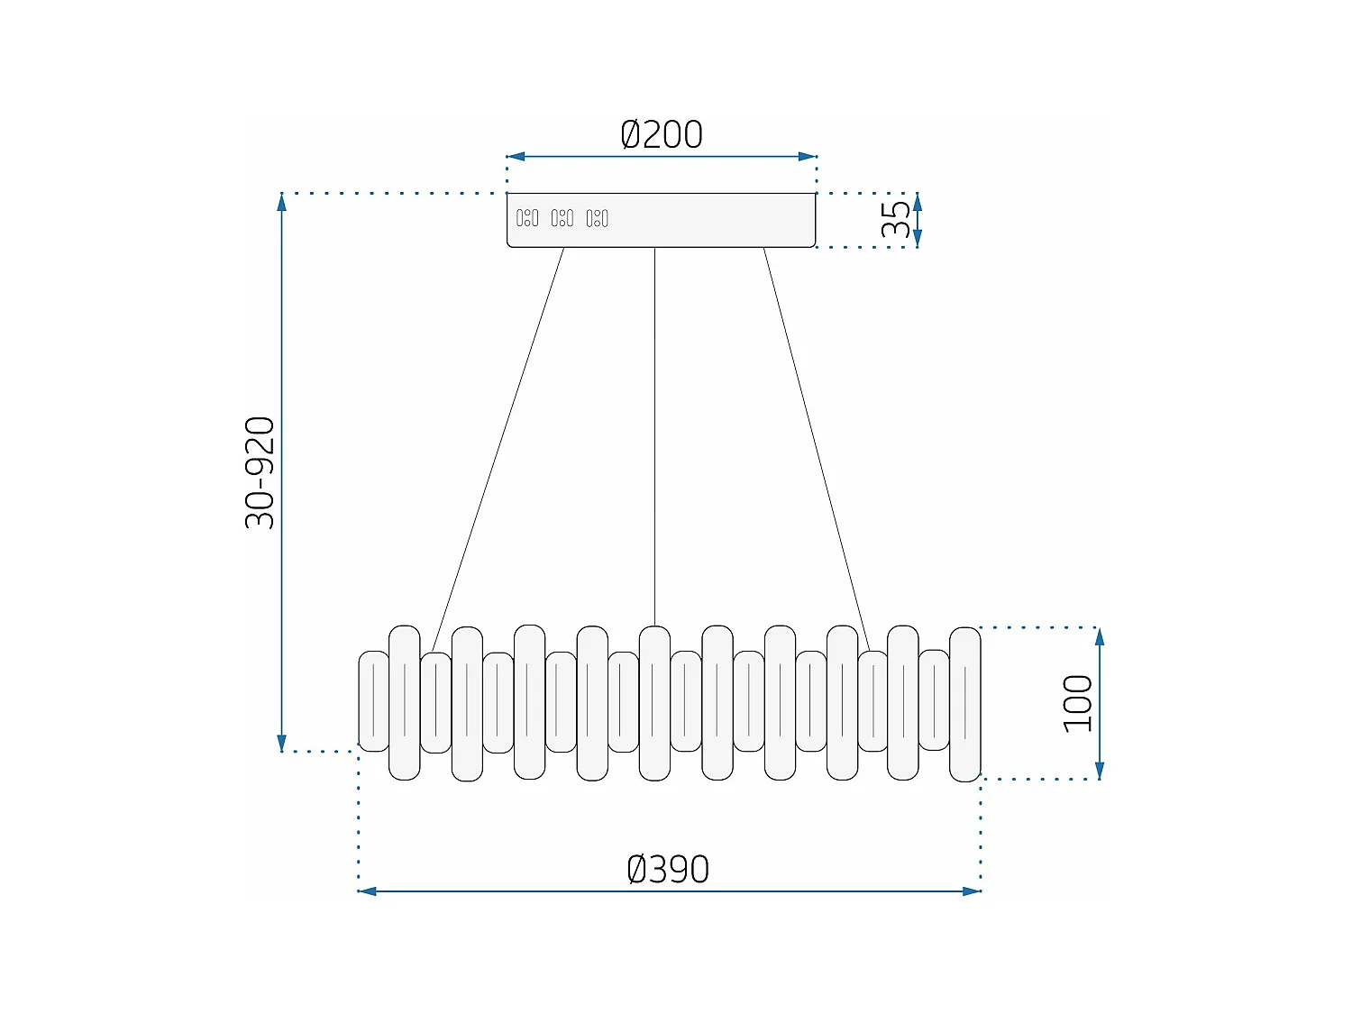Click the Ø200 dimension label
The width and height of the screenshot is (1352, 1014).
(662, 135)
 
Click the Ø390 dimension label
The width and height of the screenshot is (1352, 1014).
(668, 870)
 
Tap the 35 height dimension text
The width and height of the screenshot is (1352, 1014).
(896, 219)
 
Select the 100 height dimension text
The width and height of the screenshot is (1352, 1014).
(1077, 703)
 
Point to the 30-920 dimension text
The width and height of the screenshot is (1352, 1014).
(260, 472)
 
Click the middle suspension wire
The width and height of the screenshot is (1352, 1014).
(654, 433)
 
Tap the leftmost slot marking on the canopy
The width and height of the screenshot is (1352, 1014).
(527, 218)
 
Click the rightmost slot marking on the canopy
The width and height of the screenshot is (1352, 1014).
(598, 218)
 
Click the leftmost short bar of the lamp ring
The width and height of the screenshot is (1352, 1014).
(373, 701)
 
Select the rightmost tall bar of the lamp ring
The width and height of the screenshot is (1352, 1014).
(964, 704)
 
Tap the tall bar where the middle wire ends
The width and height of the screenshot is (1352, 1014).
(654, 703)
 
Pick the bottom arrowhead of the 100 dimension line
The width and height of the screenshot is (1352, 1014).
(1100, 770)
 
